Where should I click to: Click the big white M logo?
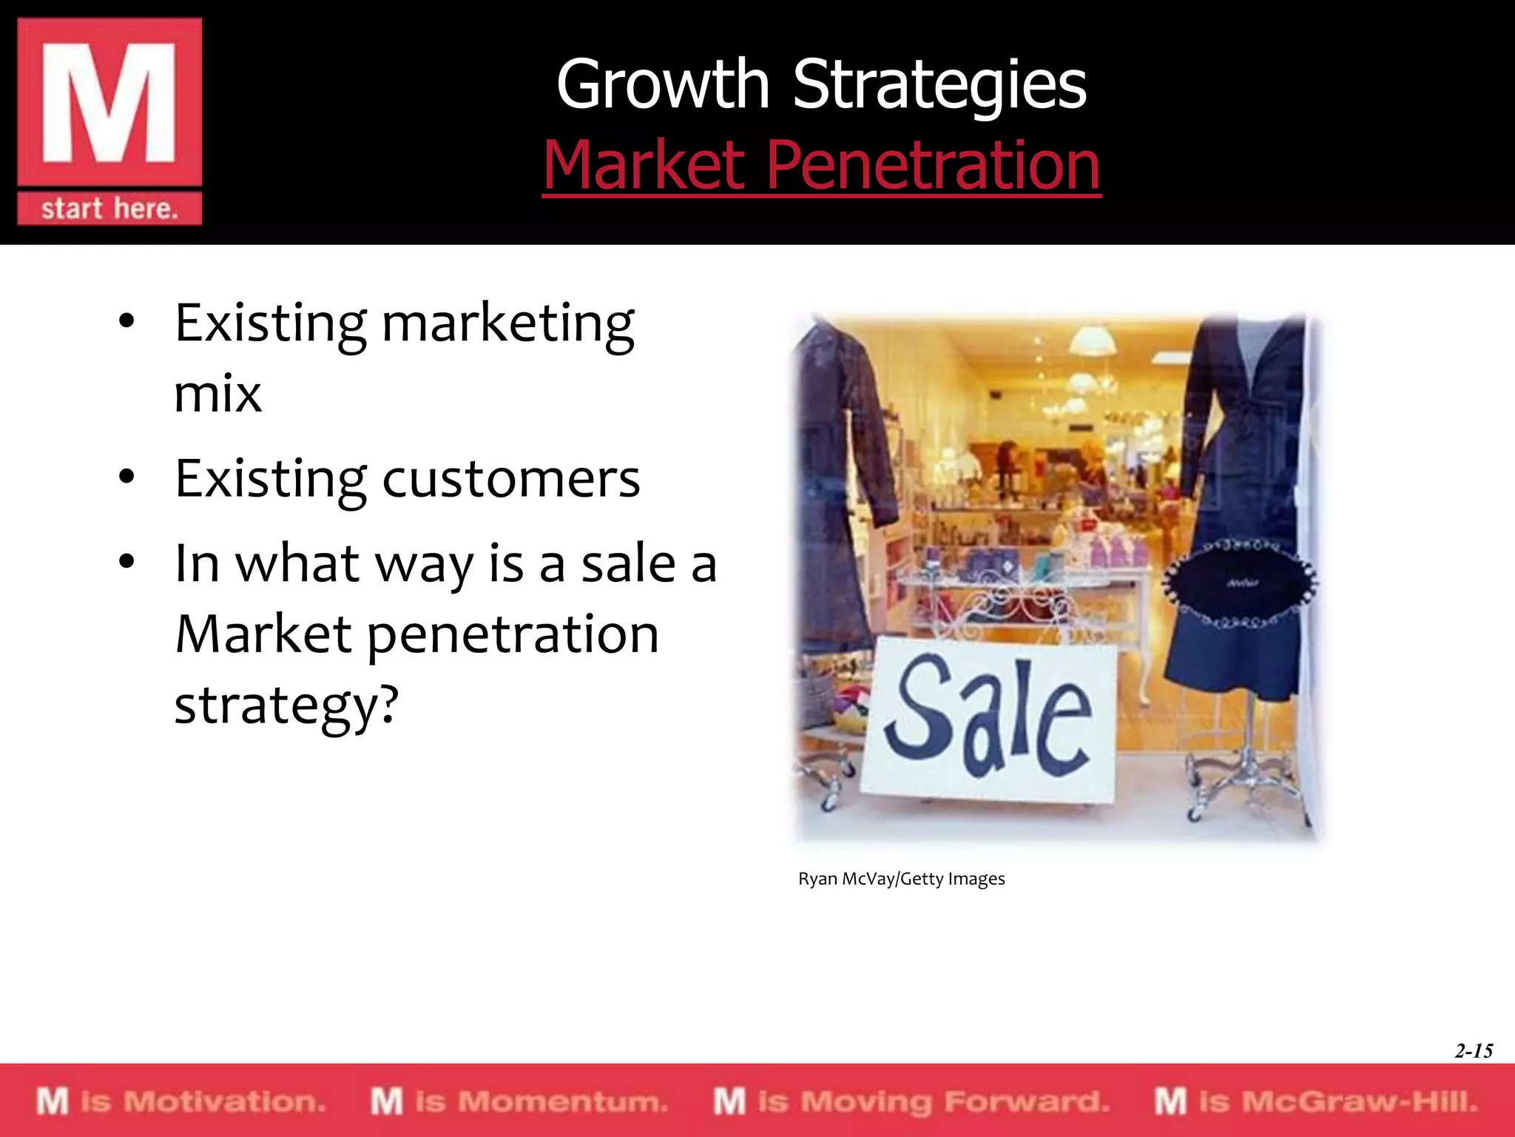coord(109,103)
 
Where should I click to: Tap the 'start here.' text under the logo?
coord(109,209)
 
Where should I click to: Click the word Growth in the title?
coord(663,85)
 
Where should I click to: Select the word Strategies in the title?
coord(939,85)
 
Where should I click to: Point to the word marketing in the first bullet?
coord(507,324)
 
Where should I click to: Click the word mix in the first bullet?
coord(217,394)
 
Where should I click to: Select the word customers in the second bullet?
coord(510,479)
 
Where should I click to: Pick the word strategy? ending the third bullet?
coord(286,705)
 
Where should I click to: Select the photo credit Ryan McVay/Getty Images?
coord(901,879)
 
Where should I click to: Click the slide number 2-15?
coord(1473,1050)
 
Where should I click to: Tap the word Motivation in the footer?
coord(223,1101)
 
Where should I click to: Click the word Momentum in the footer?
coord(562,1101)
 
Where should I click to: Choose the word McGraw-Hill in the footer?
coord(1359,1101)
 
